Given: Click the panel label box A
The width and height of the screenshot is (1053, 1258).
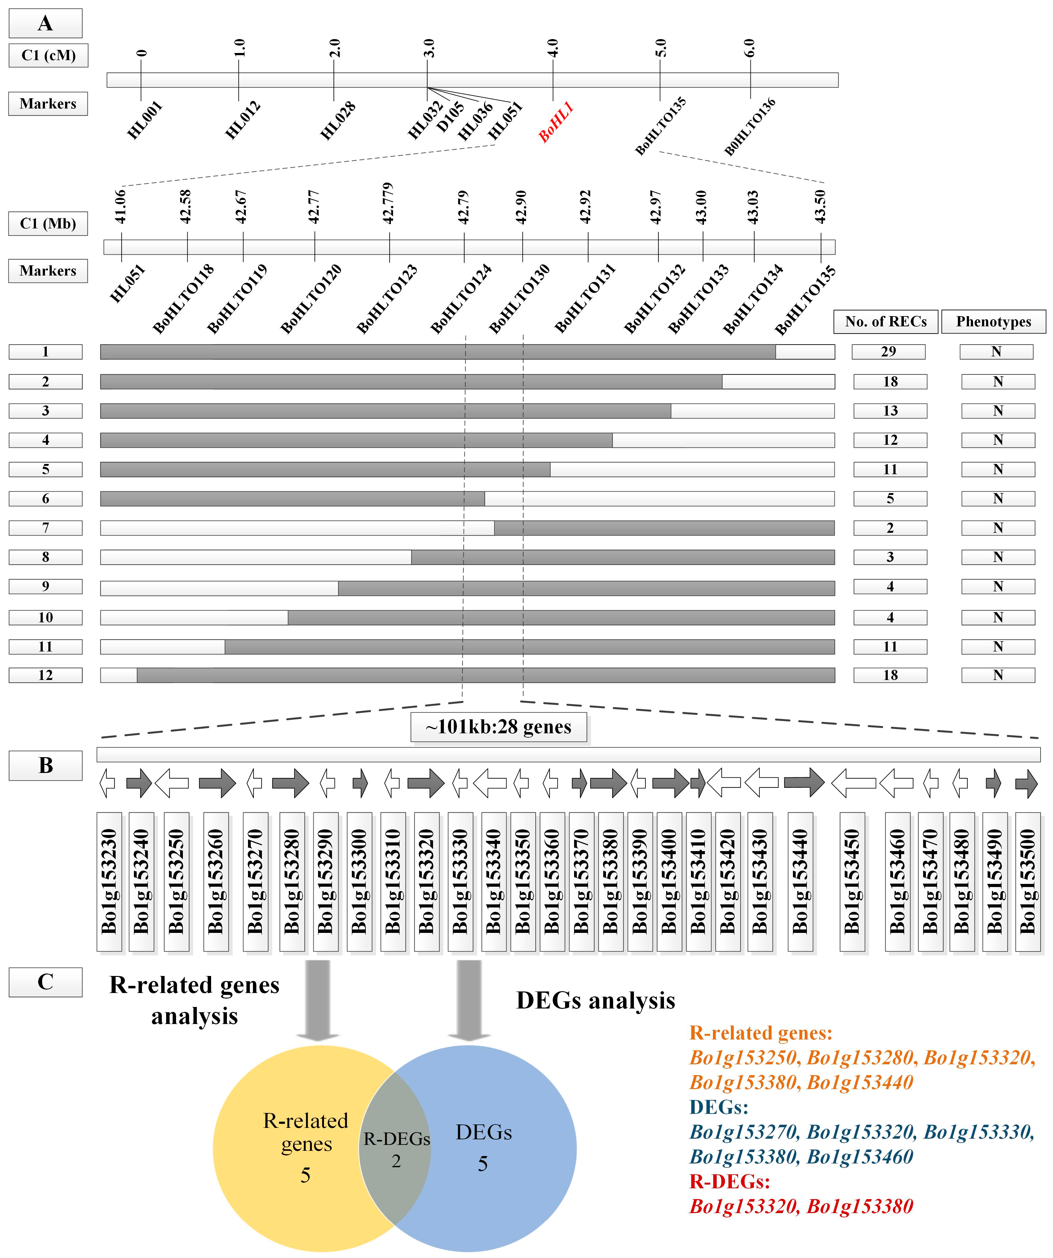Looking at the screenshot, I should coord(46,23).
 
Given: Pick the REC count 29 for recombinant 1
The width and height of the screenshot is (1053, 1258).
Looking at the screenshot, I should coord(888,352).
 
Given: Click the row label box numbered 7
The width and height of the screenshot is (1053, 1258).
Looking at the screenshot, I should coord(46,528).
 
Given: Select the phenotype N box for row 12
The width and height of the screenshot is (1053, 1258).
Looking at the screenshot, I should coord(998,675).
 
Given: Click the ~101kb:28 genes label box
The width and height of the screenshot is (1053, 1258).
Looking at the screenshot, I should coord(498,727).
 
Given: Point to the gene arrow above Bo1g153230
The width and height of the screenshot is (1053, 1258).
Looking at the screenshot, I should coord(107,783).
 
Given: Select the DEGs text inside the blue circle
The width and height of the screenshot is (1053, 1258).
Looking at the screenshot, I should coord(483,1132).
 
